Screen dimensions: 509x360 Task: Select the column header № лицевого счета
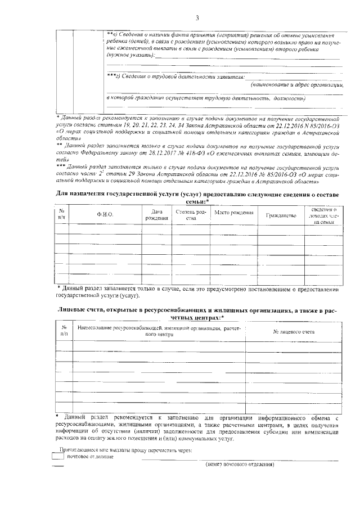293,332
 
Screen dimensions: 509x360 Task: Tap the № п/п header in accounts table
64,330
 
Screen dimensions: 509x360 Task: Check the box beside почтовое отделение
57,457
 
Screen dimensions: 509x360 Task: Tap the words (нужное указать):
129,55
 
